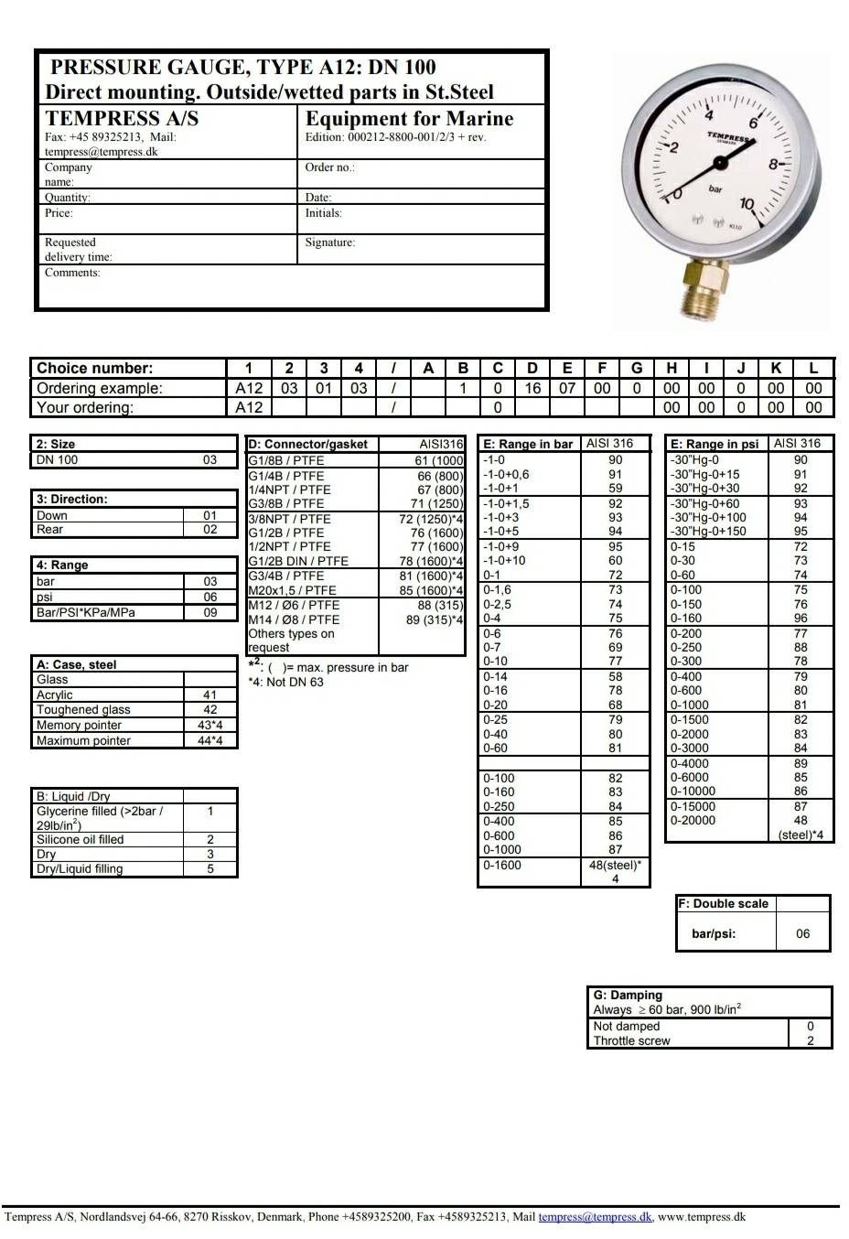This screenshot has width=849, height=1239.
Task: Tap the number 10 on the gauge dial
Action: (747, 204)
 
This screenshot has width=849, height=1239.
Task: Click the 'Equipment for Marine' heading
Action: (409, 118)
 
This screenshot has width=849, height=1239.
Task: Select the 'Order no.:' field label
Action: (329, 167)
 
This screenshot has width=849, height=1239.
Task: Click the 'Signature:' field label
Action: (329, 242)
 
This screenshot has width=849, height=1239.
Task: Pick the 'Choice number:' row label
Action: (94, 368)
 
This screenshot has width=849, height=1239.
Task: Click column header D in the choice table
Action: (532, 368)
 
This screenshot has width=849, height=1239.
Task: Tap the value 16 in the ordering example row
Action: (532, 388)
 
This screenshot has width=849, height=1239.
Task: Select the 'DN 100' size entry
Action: (57, 459)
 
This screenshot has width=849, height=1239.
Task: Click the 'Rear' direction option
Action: (50, 530)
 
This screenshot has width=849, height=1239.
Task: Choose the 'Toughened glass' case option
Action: (83, 709)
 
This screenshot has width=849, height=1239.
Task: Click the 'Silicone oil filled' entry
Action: (80, 839)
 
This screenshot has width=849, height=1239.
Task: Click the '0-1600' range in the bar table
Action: (502, 865)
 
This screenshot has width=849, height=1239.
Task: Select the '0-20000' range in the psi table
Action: (693, 821)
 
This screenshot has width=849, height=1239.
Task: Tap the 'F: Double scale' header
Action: (723, 903)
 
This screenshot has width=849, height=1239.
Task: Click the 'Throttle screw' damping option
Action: (631, 1040)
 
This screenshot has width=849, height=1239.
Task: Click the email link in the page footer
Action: (595, 1217)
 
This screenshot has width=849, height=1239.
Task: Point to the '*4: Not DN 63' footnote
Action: (285, 682)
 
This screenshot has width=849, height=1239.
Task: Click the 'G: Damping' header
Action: (628, 995)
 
